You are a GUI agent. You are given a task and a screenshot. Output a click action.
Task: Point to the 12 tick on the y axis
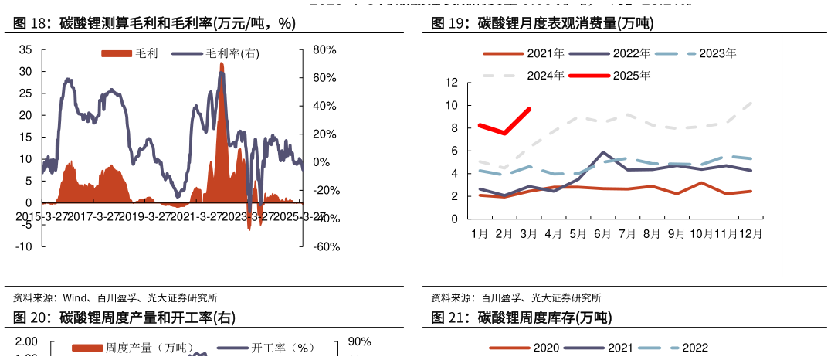click(452, 83)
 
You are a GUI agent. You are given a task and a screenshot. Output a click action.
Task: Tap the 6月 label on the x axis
click(602, 233)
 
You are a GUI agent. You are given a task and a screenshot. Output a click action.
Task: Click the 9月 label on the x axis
click(677, 233)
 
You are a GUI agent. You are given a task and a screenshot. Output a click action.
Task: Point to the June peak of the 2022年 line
click(603, 152)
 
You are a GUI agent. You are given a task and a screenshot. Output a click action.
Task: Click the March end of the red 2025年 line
click(529, 109)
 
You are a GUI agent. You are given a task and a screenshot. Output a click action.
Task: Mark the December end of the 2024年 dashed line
click(751, 102)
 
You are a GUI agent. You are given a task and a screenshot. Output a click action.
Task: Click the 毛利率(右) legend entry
click(216, 53)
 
